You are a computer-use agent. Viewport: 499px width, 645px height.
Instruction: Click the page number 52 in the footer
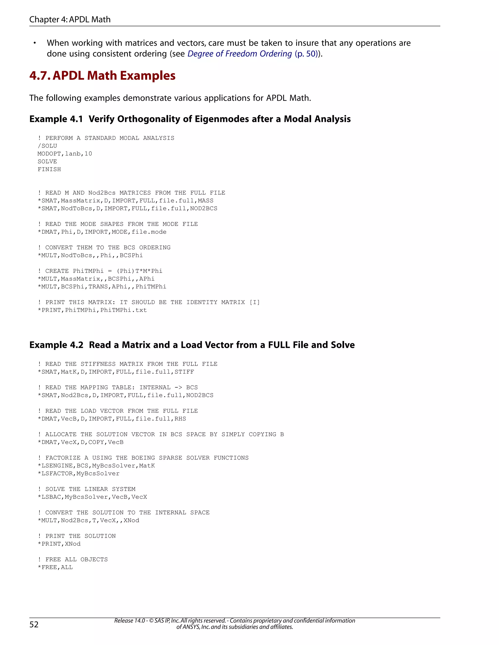point(34,624)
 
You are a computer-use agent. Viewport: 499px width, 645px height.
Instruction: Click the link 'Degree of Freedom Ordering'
point(240,54)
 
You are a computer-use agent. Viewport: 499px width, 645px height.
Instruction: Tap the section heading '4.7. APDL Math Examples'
point(102,76)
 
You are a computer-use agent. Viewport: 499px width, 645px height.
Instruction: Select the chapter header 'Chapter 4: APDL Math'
point(70,19)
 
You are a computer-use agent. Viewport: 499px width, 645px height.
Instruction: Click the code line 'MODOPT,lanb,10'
point(65,154)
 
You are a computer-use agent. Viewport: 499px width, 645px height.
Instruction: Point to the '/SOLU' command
point(47,146)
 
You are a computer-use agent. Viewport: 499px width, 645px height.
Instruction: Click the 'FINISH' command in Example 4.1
point(49,169)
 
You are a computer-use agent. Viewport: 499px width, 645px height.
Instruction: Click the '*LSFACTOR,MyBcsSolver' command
point(79,473)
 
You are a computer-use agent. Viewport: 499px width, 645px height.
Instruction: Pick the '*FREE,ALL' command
point(55,567)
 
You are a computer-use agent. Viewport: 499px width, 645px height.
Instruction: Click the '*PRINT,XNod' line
point(59,544)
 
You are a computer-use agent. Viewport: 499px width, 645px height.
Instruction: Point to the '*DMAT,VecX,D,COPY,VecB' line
point(80,442)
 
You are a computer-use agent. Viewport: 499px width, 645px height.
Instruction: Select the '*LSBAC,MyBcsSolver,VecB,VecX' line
point(92,497)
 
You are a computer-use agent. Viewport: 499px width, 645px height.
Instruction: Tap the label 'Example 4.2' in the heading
point(56,345)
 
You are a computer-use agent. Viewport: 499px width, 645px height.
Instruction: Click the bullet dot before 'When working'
point(35,43)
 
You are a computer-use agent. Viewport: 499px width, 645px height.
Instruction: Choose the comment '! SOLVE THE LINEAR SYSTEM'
point(86,489)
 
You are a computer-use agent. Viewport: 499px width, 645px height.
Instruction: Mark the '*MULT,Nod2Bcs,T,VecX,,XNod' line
point(88,520)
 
